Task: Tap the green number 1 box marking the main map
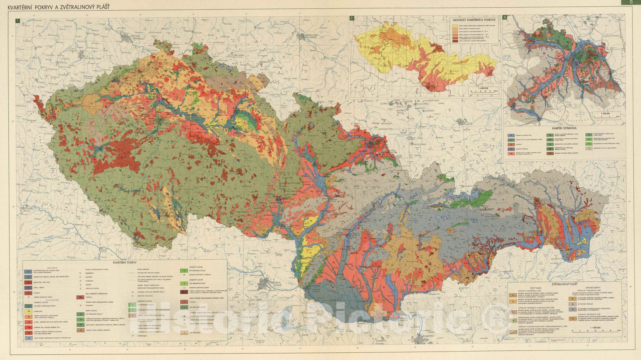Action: [16, 20]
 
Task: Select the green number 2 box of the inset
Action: [351, 18]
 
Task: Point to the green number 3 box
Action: [505, 17]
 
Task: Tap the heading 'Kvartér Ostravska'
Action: [564, 128]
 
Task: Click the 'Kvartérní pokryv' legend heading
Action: [125, 262]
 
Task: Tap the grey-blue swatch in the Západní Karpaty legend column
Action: [573, 304]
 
